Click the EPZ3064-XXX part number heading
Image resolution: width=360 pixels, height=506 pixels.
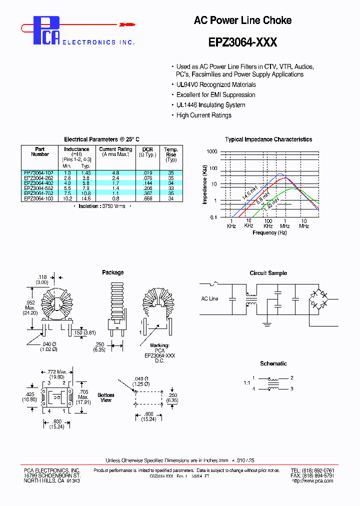click(242, 43)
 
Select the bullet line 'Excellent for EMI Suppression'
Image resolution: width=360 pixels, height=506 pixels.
click(215, 94)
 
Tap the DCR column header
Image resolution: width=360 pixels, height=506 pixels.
click(147, 149)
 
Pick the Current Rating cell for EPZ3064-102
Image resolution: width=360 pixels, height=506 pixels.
click(115, 172)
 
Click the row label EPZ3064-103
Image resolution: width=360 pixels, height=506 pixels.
click(39, 198)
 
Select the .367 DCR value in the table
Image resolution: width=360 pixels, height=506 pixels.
click(147, 193)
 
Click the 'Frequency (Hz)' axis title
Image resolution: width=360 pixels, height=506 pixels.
click(269, 232)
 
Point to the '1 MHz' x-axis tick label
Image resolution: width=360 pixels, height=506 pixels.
click(285, 223)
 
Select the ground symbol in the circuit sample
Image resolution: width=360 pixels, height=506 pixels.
click(266, 323)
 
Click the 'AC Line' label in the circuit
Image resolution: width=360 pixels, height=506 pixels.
click(209, 298)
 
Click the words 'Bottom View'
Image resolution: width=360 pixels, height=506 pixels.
click(106, 397)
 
